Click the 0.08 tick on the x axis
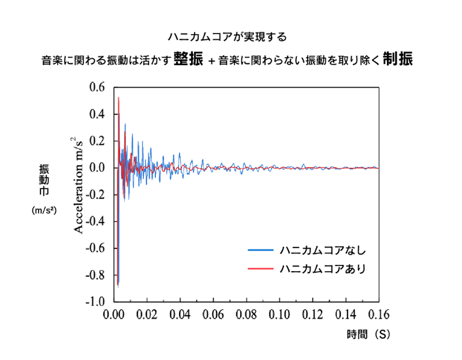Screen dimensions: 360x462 [x=247, y=315]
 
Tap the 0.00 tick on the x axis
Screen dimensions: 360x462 [x=114, y=315]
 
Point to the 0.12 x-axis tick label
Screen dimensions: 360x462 [x=312, y=315]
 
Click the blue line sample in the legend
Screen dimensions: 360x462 [x=260, y=250]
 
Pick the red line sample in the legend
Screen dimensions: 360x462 [x=260, y=268]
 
